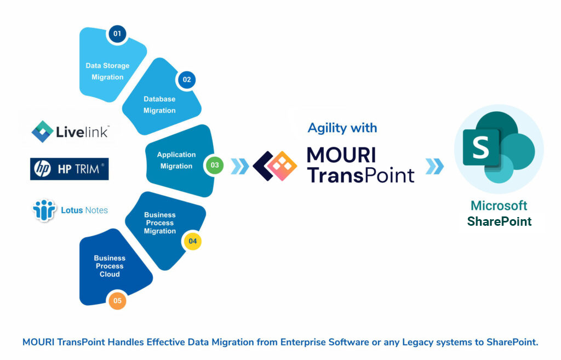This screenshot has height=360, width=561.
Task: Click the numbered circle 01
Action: (117, 34)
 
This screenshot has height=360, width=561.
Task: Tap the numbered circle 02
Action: (187, 79)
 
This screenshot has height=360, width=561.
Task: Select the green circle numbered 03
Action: (214, 164)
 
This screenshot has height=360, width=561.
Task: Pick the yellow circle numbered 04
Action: (192, 241)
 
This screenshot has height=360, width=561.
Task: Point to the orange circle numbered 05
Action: (117, 300)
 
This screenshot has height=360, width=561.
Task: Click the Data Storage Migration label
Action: (107, 71)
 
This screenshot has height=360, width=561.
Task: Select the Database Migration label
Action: (159, 105)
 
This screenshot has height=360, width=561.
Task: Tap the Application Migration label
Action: (176, 160)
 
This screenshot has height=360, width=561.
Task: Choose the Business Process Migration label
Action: (160, 223)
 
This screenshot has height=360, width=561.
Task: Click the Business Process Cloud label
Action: (110, 266)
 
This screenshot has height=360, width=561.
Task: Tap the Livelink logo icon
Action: (42, 132)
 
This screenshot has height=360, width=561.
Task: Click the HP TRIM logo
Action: (70, 169)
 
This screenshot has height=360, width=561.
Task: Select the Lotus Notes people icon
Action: (44, 210)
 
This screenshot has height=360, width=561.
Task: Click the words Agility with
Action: (342, 128)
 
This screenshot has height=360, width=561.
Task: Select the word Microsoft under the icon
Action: (499, 206)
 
